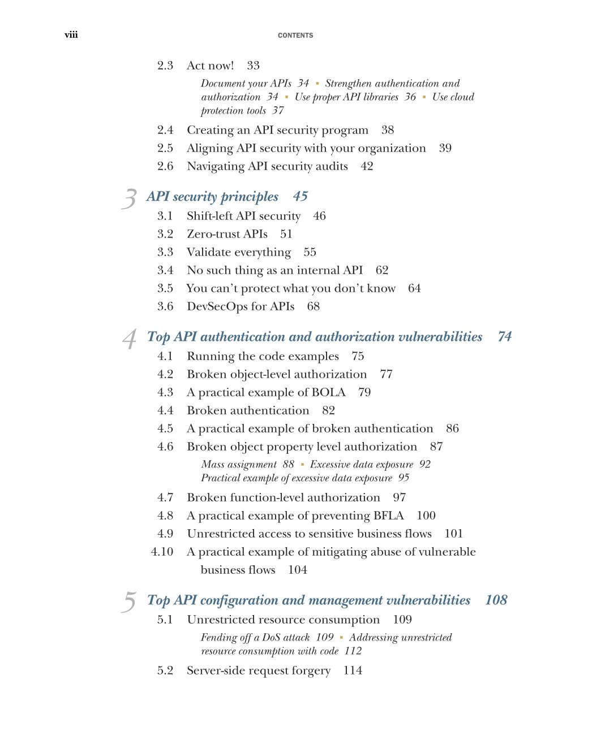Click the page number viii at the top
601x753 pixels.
71,35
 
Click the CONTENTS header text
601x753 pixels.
295,36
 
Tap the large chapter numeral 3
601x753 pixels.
129,198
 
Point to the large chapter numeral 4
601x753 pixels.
130,339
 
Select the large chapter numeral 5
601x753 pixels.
129,602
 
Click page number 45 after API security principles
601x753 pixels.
300,197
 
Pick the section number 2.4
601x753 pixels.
165,130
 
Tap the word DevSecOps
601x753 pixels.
217,306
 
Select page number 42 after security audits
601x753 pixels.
367,166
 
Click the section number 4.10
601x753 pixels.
162,552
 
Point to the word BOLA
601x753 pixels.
328,392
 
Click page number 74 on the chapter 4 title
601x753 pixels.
504,337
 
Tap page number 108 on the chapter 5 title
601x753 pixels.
496,600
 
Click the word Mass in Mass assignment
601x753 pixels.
213,464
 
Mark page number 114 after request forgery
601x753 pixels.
353,670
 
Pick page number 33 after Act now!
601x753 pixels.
253,66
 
